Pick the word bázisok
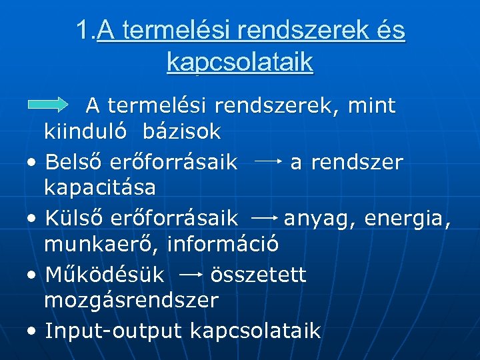tap(181, 131)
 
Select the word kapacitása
tap(100, 187)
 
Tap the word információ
tap(223, 244)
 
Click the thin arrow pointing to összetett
tap(191, 274)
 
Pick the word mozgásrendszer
tap(131, 300)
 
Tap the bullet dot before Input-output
tap(33, 331)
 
